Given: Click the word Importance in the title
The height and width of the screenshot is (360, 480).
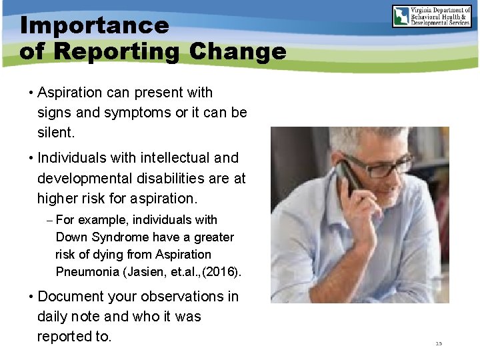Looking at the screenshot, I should point(95,25).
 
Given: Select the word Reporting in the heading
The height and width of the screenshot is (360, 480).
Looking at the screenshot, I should point(118,51).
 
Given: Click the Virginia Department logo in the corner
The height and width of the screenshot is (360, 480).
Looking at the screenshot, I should point(431,17).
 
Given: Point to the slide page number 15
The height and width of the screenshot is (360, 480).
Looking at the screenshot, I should point(439,343).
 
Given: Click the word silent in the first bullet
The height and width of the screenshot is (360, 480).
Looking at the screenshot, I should point(55,133).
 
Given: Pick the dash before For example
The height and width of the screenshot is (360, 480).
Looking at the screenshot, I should point(50,220).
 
